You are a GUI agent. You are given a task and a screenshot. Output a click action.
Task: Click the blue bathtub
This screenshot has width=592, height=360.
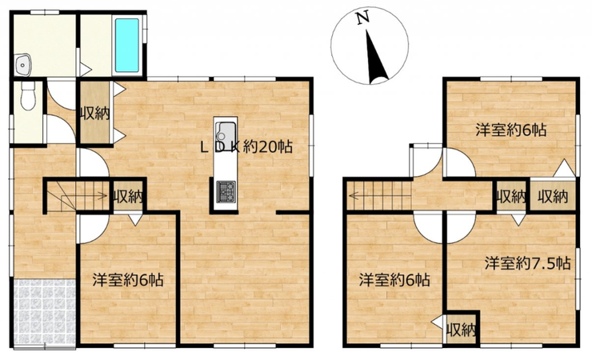pyautogui.click(x=127, y=46)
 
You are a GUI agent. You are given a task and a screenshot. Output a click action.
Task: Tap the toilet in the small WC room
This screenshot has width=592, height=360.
pyautogui.click(x=27, y=96)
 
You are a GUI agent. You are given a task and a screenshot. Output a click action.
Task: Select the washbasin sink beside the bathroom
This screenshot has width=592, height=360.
pyautogui.click(x=23, y=66)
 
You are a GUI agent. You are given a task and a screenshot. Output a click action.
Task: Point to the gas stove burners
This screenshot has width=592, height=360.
pyautogui.click(x=226, y=191)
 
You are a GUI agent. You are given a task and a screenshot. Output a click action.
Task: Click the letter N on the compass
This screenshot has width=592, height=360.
pyautogui.click(x=363, y=18)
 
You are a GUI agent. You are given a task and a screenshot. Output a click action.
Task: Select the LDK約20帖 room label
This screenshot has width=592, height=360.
pyautogui.click(x=246, y=146)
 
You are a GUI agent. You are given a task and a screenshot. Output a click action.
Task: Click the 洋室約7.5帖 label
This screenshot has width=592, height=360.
pyautogui.click(x=527, y=263)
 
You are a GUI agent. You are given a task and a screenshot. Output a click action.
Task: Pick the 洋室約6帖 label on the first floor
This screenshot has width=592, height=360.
pyautogui.click(x=128, y=280)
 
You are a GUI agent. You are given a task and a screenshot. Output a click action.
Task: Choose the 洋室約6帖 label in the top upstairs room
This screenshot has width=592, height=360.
pyautogui.click(x=510, y=130)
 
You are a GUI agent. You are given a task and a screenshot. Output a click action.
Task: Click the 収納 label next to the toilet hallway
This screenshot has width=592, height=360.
pyautogui.click(x=94, y=113)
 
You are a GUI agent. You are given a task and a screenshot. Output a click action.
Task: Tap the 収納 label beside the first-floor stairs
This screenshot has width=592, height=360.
pyautogui.click(x=128, y=197)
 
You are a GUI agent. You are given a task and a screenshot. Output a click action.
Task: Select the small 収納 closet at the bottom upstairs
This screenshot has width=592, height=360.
pyautogui.click(x=461, y=330)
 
